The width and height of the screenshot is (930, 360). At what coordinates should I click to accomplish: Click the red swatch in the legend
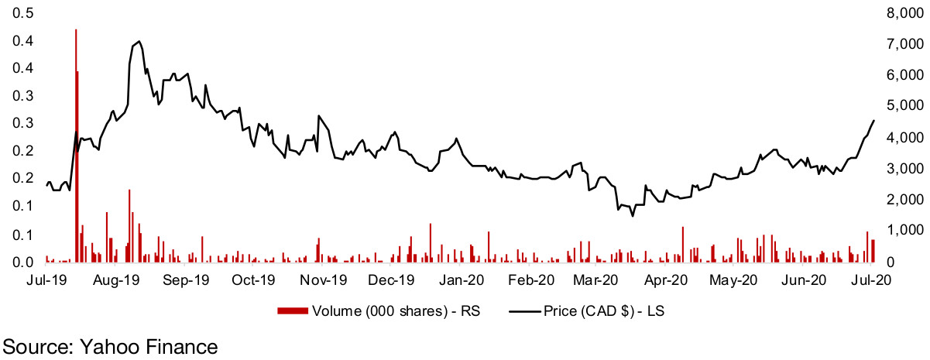(x=291, y=311)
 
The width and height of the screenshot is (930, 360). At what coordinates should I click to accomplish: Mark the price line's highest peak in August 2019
(x=139, y=41)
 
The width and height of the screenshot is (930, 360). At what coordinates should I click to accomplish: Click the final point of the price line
(x=874, y=120)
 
